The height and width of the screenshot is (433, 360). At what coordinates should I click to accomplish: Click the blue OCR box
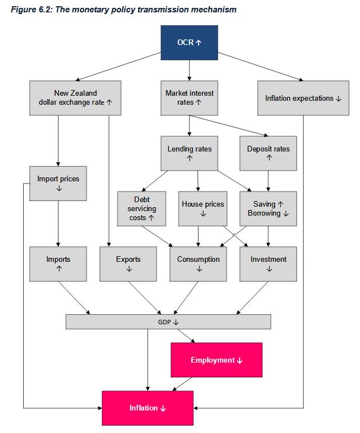click(189, 42)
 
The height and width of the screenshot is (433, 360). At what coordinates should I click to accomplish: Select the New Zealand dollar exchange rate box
click(75, 98)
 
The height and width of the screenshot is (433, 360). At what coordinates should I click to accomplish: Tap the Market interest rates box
click(189, 98)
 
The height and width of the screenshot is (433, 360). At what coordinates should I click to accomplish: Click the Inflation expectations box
click(304, 98)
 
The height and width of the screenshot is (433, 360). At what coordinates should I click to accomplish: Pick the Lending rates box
click(189, 153)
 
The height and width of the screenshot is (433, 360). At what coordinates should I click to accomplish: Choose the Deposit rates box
click(268, 153)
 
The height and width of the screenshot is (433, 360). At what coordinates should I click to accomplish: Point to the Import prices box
click(58, 183)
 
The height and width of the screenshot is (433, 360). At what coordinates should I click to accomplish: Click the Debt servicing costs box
click(141, 208)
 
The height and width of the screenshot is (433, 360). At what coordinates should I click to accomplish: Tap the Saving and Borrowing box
click(268, 208)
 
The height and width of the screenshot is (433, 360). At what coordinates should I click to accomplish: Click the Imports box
click(58, 264)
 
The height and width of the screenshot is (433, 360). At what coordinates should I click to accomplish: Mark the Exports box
click(128, 264)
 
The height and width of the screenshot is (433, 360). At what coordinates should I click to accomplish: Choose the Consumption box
click(198, 264)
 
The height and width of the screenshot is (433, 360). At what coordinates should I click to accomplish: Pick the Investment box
click(268, 264)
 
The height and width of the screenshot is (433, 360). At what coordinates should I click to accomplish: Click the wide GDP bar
click(168, 322)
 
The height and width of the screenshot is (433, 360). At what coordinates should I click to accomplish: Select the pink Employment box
click(217, 360)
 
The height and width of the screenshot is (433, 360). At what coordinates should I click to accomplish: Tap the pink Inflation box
click(147, 408)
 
